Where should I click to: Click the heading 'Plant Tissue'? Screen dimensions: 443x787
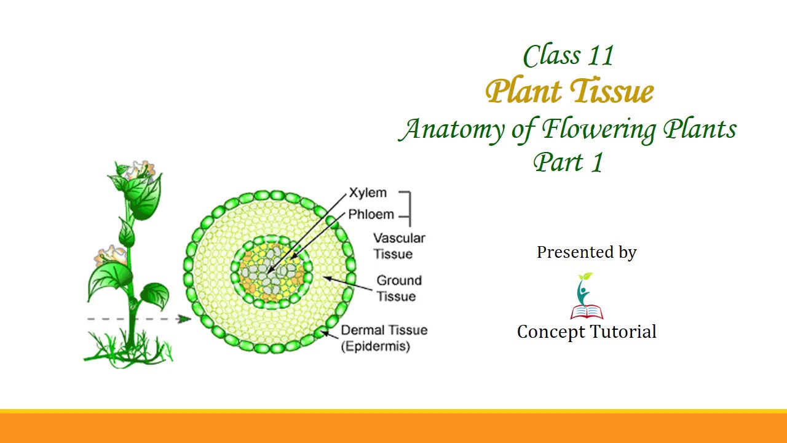(x=569, y=92)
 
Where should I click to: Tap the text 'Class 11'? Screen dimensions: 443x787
(x=569, y=56)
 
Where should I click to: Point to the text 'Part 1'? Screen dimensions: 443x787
(x=569, y=162)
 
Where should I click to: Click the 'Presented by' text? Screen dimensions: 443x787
(x=587, y=252)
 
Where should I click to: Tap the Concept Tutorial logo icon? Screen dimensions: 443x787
(x=586, y=296)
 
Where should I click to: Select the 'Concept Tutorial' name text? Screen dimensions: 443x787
(x=587, y=332)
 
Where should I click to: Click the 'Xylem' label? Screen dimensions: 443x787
(x=368, y=193)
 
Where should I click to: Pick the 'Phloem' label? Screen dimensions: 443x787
(x=371, y=215)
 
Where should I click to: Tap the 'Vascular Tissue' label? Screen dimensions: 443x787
(x=399, y=246)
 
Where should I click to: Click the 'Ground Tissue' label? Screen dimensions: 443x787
(x=399, y=289)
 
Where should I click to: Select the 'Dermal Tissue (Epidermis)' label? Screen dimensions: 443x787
(x=384, y=338)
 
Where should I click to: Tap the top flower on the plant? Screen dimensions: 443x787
(x=136, y=172)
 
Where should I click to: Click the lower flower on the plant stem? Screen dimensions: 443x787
(x=111, y=255)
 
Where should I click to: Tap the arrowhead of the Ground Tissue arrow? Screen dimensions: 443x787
(x=326, y=278)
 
